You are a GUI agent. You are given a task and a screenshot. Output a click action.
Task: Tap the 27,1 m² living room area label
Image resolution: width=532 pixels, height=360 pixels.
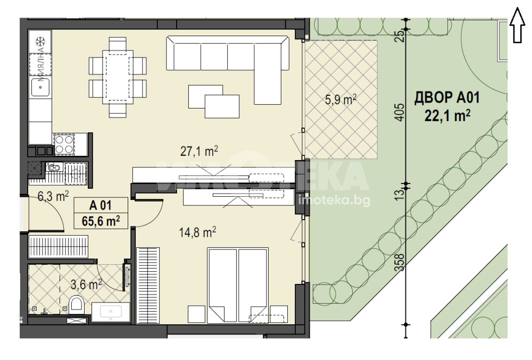pos(199,151)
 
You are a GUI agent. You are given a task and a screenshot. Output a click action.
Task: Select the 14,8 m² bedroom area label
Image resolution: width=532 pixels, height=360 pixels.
pos(197,232)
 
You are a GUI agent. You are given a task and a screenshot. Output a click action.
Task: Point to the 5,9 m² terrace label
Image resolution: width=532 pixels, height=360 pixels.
pos(340,100)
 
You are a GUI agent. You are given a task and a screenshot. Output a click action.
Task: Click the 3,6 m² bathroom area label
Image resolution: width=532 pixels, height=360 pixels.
pos(86,284)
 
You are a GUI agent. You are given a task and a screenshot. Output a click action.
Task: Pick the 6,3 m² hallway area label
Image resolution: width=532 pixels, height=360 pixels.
pos(53,196)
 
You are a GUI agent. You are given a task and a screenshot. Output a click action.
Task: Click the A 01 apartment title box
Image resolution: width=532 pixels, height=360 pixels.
pos(101,213)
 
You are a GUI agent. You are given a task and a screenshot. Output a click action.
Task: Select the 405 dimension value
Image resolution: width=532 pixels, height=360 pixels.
pos(401,112)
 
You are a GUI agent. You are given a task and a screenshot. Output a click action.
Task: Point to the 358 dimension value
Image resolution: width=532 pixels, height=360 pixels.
pos(401,262)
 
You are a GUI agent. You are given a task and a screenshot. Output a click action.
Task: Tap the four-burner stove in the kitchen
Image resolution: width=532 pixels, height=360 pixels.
pos(64,145)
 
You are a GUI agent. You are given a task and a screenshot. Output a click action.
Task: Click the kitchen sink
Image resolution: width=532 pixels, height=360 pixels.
pos(40,87)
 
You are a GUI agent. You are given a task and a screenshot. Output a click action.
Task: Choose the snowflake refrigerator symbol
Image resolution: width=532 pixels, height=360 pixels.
pos(40,42)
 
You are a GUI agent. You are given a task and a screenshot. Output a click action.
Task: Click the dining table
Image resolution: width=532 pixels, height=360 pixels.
pos(118,77)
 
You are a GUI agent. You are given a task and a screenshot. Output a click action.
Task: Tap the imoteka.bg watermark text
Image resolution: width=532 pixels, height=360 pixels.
pos(334,201)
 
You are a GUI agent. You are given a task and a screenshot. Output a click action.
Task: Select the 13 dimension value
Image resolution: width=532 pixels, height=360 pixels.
pos(401,194)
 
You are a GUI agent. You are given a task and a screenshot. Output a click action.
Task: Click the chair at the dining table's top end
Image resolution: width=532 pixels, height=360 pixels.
pos(118,44)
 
